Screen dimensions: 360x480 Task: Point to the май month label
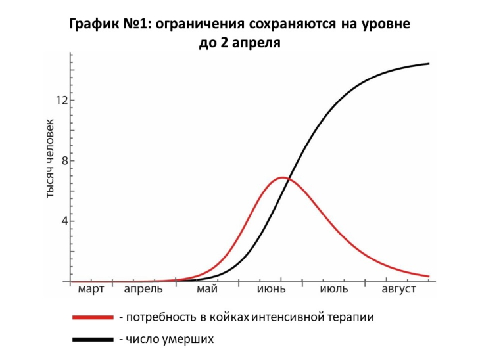tap(207, 290)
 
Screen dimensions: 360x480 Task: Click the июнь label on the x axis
tap(270, 290)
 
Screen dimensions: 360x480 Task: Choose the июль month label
tap(334, 290)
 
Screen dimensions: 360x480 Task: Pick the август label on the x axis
tap(398, 290)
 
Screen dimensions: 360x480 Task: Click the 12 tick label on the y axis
tap(61, 101)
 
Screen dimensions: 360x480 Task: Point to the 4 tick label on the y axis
tap(64, 221)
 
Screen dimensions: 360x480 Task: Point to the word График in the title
tap(93, 25)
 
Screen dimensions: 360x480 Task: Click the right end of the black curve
tap(429, 64)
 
